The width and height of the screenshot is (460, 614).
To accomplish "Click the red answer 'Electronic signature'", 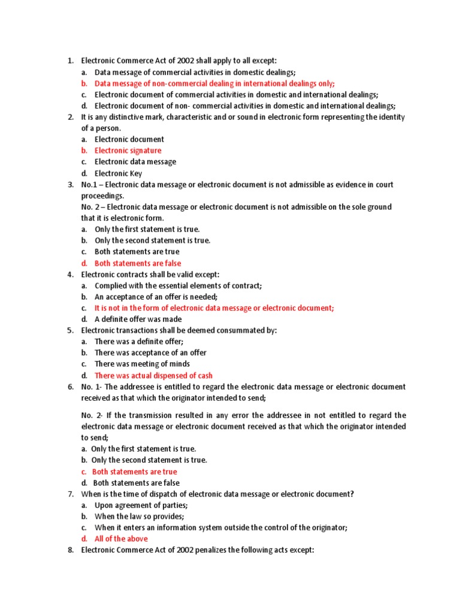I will (128, 151).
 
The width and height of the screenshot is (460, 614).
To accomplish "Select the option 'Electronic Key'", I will (118, 173).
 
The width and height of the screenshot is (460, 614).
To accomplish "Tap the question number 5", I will (70, 330).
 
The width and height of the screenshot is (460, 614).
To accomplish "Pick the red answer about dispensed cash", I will (153, 375).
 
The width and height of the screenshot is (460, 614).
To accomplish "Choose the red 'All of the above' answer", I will (121, 538).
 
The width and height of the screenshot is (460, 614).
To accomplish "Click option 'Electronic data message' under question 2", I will (135, 162).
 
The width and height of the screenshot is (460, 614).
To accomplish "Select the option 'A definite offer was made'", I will (138, 319).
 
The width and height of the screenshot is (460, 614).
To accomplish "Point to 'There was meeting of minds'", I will (142, 364).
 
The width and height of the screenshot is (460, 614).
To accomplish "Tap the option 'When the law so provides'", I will (139, 516).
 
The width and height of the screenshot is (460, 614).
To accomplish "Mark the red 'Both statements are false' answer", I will (138, 263).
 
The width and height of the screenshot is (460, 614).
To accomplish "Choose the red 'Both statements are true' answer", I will (134, 472).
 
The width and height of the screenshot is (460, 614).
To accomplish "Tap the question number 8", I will (70, 550).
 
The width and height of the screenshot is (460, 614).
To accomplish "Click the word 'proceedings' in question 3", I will (103, 196).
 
